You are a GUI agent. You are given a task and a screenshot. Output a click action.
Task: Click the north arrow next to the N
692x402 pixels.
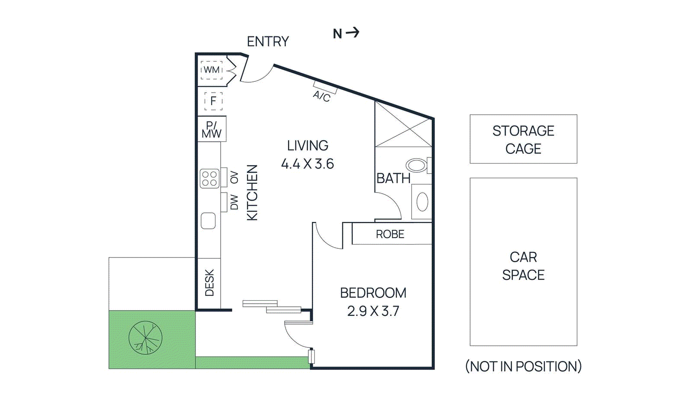pyautogui.click(x=353, y=32)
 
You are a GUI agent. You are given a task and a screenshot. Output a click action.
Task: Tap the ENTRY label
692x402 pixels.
pyautogui.click(x=268, y=42)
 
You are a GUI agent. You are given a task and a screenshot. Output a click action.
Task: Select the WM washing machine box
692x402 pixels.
pyautogui.click(x=211, y=70)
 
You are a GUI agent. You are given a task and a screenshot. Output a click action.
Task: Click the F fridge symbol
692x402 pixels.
pyautogui.click(x=213, y=101)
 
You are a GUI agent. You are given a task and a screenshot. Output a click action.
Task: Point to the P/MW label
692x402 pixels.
pyautogui.click(x=211, y=130)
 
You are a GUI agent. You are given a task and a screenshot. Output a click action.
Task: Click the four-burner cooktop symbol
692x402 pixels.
pyautogui.click(x=210, y=179)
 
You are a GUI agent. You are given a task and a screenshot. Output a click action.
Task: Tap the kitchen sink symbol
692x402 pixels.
pyautogui.click(x=208, y=221)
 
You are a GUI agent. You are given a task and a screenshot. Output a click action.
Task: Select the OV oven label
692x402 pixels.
pyautogui.click(x=234, y=177)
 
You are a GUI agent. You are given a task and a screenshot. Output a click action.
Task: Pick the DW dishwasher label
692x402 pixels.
pyautogui.click(x=234, y=202)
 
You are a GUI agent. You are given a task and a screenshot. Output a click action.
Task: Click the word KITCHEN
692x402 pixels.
pyautogui.click(x=252, y=193)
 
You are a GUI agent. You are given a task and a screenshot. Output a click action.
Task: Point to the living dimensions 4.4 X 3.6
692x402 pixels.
pyautogui.click(x=308, y=164)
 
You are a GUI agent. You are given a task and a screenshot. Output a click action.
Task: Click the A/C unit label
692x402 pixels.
pyautogui.click(x=321, y=96)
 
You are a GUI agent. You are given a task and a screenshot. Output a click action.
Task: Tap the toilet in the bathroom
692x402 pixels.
pyautogui.click(x=416, y=165)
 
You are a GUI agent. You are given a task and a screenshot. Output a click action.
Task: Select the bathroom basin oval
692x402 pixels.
pyautogui.click(x=422, y=202)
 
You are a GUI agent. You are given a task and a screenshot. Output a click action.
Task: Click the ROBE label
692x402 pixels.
pyautogui.click(x=390, y=234)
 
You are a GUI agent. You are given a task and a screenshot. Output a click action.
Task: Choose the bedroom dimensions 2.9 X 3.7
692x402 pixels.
pyautogui.click(x=373, y=311)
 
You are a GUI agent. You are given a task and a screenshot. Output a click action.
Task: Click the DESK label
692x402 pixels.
pyautogui.click(x=209, y=283)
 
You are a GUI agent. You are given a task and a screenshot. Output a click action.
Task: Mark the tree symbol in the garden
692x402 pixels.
pyautogui.click(x=145, y=338)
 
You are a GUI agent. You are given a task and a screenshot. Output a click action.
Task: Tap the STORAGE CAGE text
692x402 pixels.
pyautogui.click(x=523, y=139)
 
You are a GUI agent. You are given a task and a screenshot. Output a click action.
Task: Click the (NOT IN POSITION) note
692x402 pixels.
pyautogui.click(x=523, y=367)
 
